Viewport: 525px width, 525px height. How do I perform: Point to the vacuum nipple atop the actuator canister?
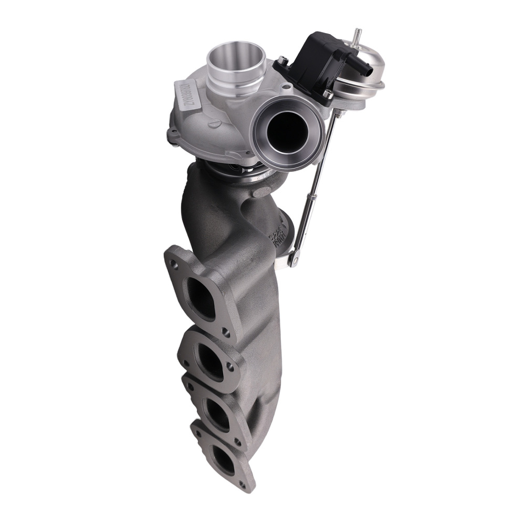click(358, 35)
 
